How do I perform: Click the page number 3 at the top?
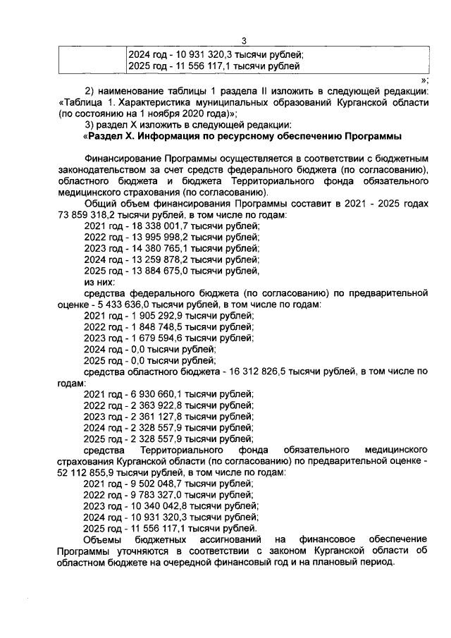point(244,41)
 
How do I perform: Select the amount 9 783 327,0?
point(149,496)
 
